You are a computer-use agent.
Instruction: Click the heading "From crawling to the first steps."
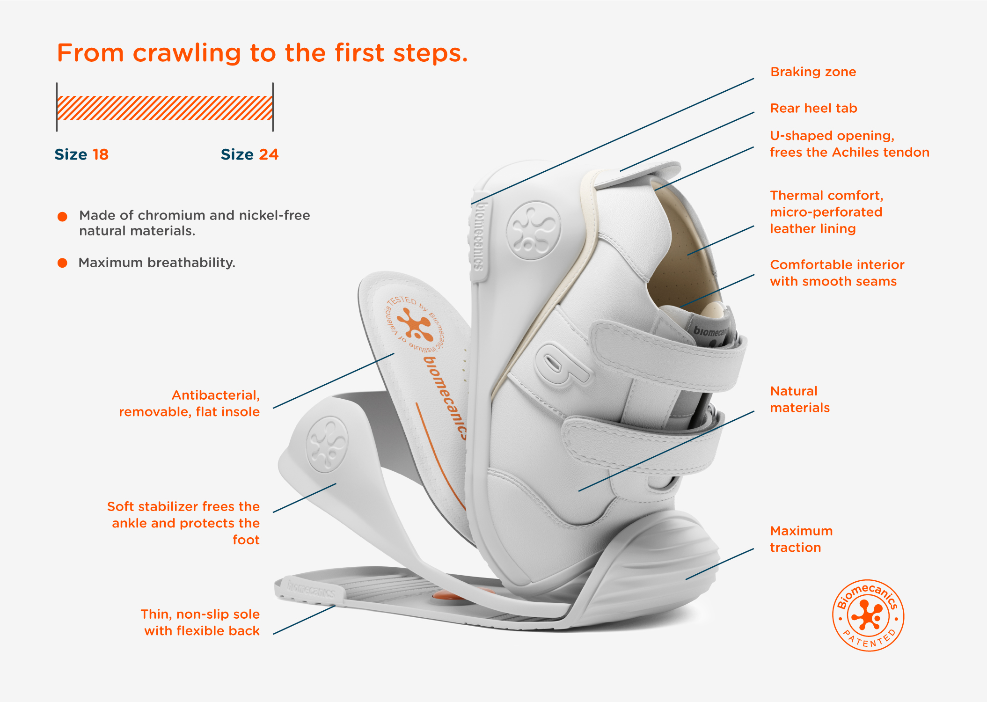[x=262, y=53]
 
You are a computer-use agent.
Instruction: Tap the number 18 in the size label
[x=100, y=154]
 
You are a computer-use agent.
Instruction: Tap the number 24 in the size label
[x=269, y=154]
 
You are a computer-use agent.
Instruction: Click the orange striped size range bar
[x=165, y=108]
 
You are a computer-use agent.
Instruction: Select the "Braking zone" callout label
[x=813, y=72]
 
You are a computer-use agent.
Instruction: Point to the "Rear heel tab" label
[x=813, y=109]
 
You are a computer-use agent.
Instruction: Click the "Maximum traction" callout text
[x=801, y=539]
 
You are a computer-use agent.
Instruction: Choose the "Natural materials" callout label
[x=800, y=399]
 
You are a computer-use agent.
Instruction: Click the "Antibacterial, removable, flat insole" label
[x=190, y=403]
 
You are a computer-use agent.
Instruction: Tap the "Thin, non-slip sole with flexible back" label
[x=201, y=622]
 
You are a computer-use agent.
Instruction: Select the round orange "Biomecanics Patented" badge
[x=868, y=615]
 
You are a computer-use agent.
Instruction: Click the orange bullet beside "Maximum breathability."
[x=62, y=263]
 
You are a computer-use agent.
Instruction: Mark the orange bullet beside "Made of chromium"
[x=62, y=217]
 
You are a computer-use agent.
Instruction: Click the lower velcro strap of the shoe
[x=641, y=442]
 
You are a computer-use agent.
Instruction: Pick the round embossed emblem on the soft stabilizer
[x=327, y=444]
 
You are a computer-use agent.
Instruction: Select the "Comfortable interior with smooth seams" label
[x=837, y=273]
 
